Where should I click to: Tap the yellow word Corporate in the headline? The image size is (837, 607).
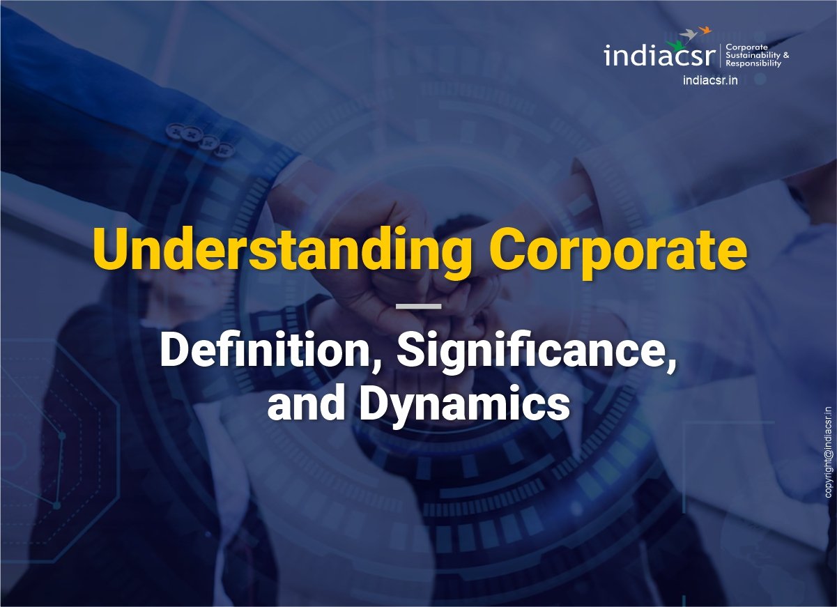point(618,252)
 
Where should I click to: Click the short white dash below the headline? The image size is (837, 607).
point(418,305)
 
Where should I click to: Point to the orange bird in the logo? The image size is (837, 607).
point(705,29)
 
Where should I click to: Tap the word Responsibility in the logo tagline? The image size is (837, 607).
point(753,63)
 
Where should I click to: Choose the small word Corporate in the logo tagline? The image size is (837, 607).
point(743,46)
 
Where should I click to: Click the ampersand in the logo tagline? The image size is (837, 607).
point(785,54)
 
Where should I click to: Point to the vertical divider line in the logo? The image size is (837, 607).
point(721,54)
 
